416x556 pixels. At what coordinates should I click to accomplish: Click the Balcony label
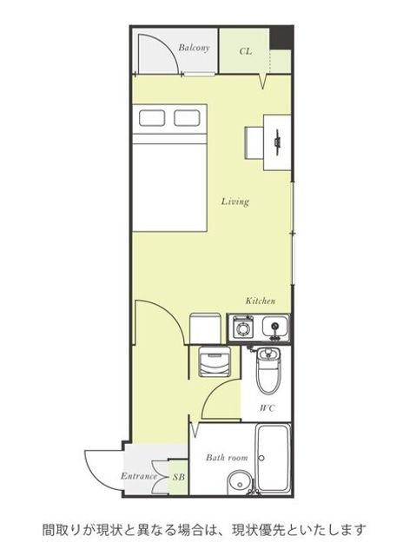tap(194, 48)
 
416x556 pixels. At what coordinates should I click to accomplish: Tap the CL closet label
tap(246, 51)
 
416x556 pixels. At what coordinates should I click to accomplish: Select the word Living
tap(235, 202)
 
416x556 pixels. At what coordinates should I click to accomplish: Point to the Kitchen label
tap(261, 301)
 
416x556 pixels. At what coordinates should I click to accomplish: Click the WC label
tap(267, 408)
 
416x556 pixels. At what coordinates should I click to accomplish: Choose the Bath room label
tap(227, 458)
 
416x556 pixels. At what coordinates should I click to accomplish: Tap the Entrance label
tap(139, 476)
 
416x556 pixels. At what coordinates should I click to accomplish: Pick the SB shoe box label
tap(179, 477)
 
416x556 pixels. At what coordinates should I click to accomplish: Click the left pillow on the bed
tap(152, 118)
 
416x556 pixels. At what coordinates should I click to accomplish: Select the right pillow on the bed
tap(187, 118)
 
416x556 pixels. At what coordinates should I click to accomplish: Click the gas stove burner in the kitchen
tap(242, 327)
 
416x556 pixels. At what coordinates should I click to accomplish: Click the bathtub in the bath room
tap(273, 459)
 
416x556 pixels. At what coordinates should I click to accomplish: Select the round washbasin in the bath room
tap(239, 482)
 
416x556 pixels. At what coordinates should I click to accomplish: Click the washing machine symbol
tap(215, 361)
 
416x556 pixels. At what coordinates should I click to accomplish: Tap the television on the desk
tap(277, 142)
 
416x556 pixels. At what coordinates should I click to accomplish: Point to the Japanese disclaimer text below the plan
tap(204, 531)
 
